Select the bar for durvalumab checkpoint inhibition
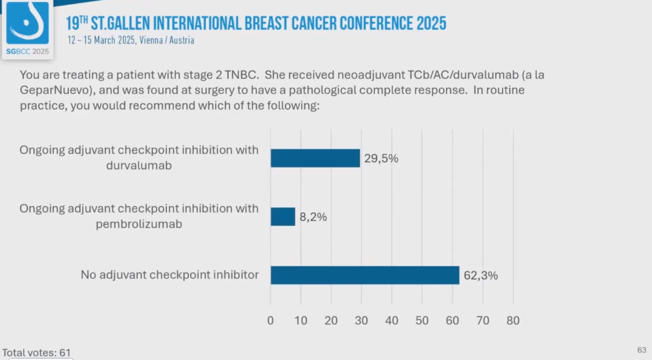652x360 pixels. [315, 158]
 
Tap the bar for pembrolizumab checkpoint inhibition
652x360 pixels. [283, 216]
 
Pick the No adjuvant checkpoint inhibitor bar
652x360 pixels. [365, 275]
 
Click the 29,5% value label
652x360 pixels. [381, 159]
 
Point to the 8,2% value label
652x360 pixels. [313, 217]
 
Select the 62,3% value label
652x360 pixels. [481, 275]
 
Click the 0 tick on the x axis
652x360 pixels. [270, 321]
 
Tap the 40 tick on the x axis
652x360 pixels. [392, 321]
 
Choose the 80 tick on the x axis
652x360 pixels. [513, 321]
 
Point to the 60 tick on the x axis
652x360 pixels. [452, 321]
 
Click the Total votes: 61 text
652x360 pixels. [36, 352]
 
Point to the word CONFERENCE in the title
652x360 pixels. [375, 24]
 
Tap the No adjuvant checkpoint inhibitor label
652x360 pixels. [170, 275]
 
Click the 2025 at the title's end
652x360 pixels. [431, 24]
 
